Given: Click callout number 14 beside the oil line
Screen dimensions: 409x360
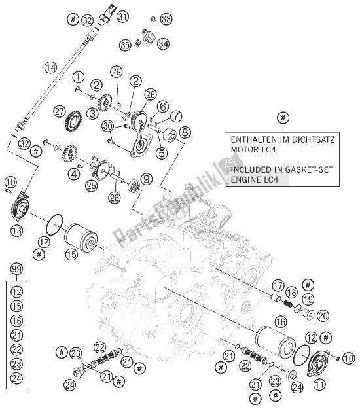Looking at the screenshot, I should pos(50,67).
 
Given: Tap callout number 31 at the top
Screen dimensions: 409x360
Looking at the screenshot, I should pos(122,18).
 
